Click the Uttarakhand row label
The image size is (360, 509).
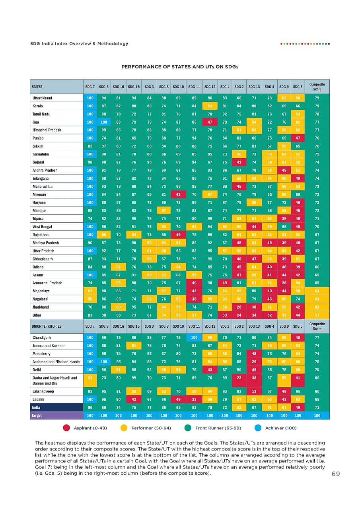pyautogui.click(x=43, y=98)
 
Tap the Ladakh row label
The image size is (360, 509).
pyautogui.click(x=39, y=399)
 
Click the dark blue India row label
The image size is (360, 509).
pyautogui.click(x=36, y=408)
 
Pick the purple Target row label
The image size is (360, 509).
pyautogui.click(x=37, y=416)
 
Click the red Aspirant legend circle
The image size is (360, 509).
pyautogui.click(x=66, y=428)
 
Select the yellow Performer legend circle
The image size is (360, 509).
pyautogui.click(x=124, y=428)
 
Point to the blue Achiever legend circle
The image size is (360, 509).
pyautogui.click(x=258, y=428)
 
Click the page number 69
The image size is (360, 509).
pyautogui.click(x=335, y=474)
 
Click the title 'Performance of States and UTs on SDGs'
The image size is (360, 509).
pyautogui.click(x=180, y=66)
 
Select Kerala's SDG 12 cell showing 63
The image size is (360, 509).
pyautogui.click(x=210, y=106)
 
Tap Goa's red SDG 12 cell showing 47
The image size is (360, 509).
pyautogui.click(x=210, y=122)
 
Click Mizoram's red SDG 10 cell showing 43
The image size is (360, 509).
pyautogui.click(x=178, y=194)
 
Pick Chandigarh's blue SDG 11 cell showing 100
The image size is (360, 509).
pyautogui.click(x=194, y=338)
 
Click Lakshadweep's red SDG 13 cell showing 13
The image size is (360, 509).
pyautogui.click(x=254, y=391)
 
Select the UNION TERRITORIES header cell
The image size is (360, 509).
pyautogui.click(x=47, y=326)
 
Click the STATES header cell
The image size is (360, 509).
pyautogui.click(x=37, y=87)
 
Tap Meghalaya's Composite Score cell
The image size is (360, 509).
pyautogui.click(x=317, y=291)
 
